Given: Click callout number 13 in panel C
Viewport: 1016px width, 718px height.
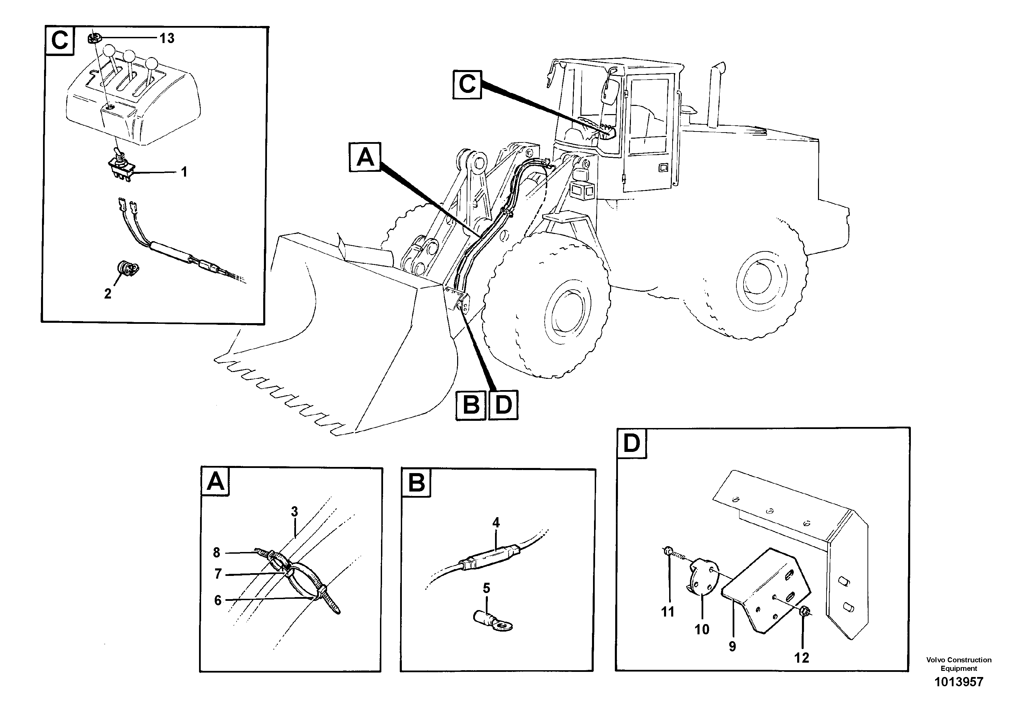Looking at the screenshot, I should click(167, 39).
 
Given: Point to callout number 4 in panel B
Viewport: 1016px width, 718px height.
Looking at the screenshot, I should click(496, 523).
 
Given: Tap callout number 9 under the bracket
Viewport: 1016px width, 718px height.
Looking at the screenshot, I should click(732, 647).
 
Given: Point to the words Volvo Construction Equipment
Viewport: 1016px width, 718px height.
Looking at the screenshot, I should click(958, 664).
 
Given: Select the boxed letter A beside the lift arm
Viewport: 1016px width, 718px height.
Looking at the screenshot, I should click(365, 157).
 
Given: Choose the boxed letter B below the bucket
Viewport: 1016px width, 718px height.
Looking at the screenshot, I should click(470, 404).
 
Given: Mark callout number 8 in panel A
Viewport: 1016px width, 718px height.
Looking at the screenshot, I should click(216, 552).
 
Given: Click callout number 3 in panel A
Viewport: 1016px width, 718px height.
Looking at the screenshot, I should click(294, 512).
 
